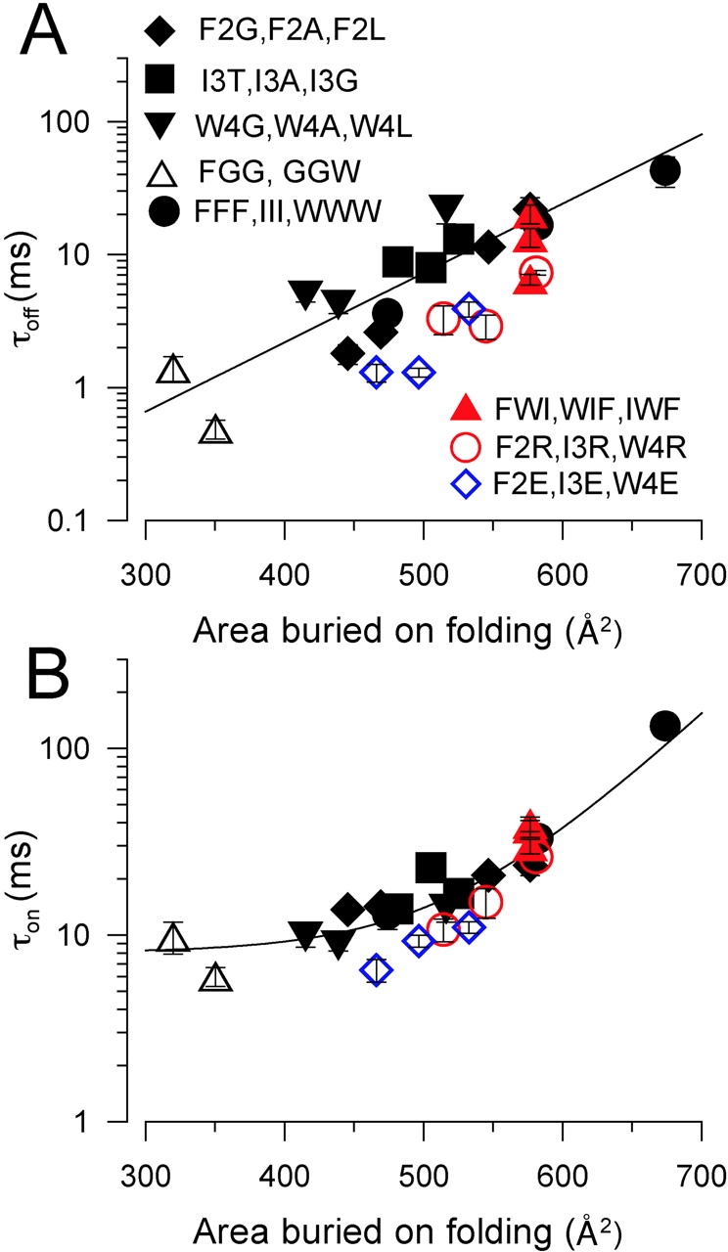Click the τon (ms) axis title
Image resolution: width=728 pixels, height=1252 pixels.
coord(42,934)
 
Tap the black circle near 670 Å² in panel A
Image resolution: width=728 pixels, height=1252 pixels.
coord(665,170)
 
